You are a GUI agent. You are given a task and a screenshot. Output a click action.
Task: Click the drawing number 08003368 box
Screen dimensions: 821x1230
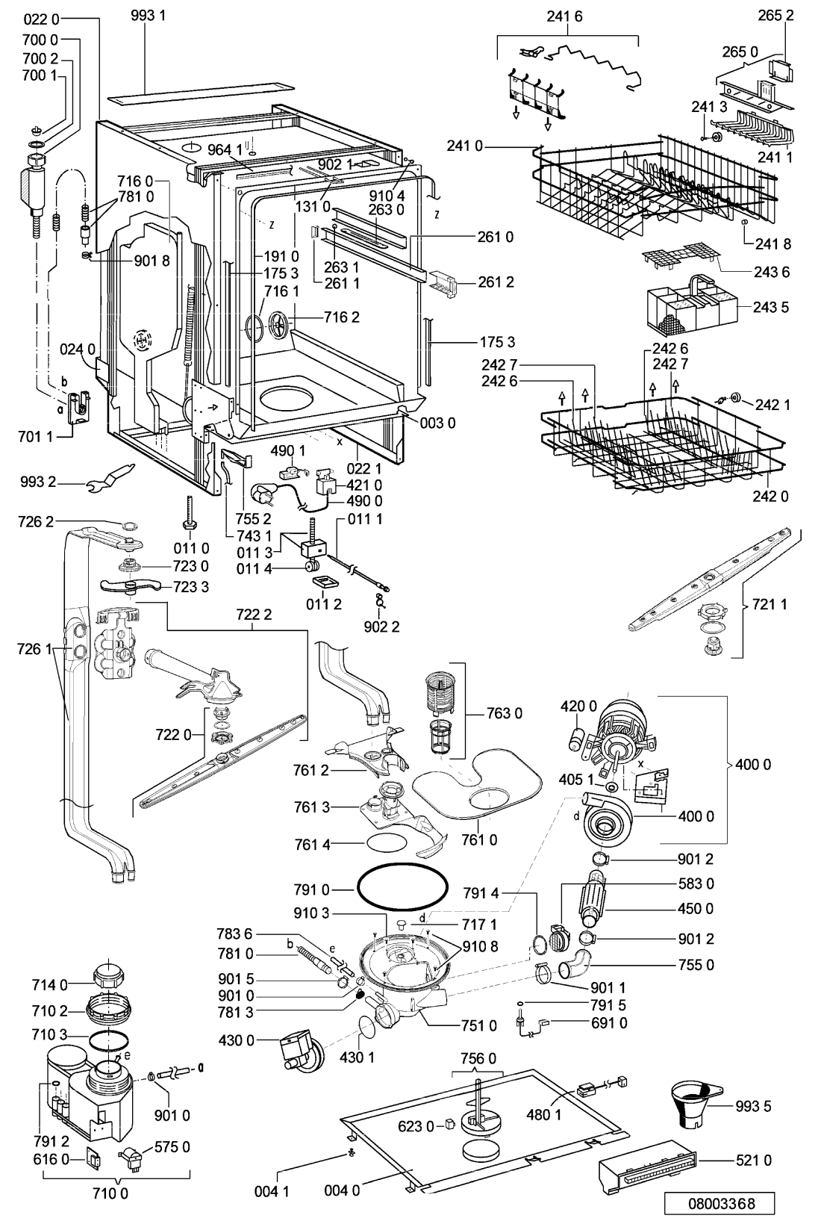tap(719, 1204)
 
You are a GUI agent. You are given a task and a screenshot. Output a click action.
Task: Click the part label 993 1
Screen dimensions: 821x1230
tap(149, 16)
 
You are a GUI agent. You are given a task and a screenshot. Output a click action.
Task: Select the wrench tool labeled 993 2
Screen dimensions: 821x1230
tap(111, 476)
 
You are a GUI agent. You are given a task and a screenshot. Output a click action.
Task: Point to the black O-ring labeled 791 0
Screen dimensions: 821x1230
tap(402, 888)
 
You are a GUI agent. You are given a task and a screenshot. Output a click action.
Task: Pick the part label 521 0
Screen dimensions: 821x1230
tap(754, 1160)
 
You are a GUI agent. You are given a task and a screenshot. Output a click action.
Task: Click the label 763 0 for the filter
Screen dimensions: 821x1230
tap(505, 713)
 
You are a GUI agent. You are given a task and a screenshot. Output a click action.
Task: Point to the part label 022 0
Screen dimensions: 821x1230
tap(41, 19)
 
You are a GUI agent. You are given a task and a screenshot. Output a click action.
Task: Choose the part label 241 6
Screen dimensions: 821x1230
tap(564, 16)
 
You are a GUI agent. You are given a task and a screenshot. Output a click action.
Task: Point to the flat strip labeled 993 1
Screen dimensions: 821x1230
tap(200, 94)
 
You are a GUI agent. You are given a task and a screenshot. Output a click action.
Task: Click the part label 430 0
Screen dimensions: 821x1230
tap(236, 1040)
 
